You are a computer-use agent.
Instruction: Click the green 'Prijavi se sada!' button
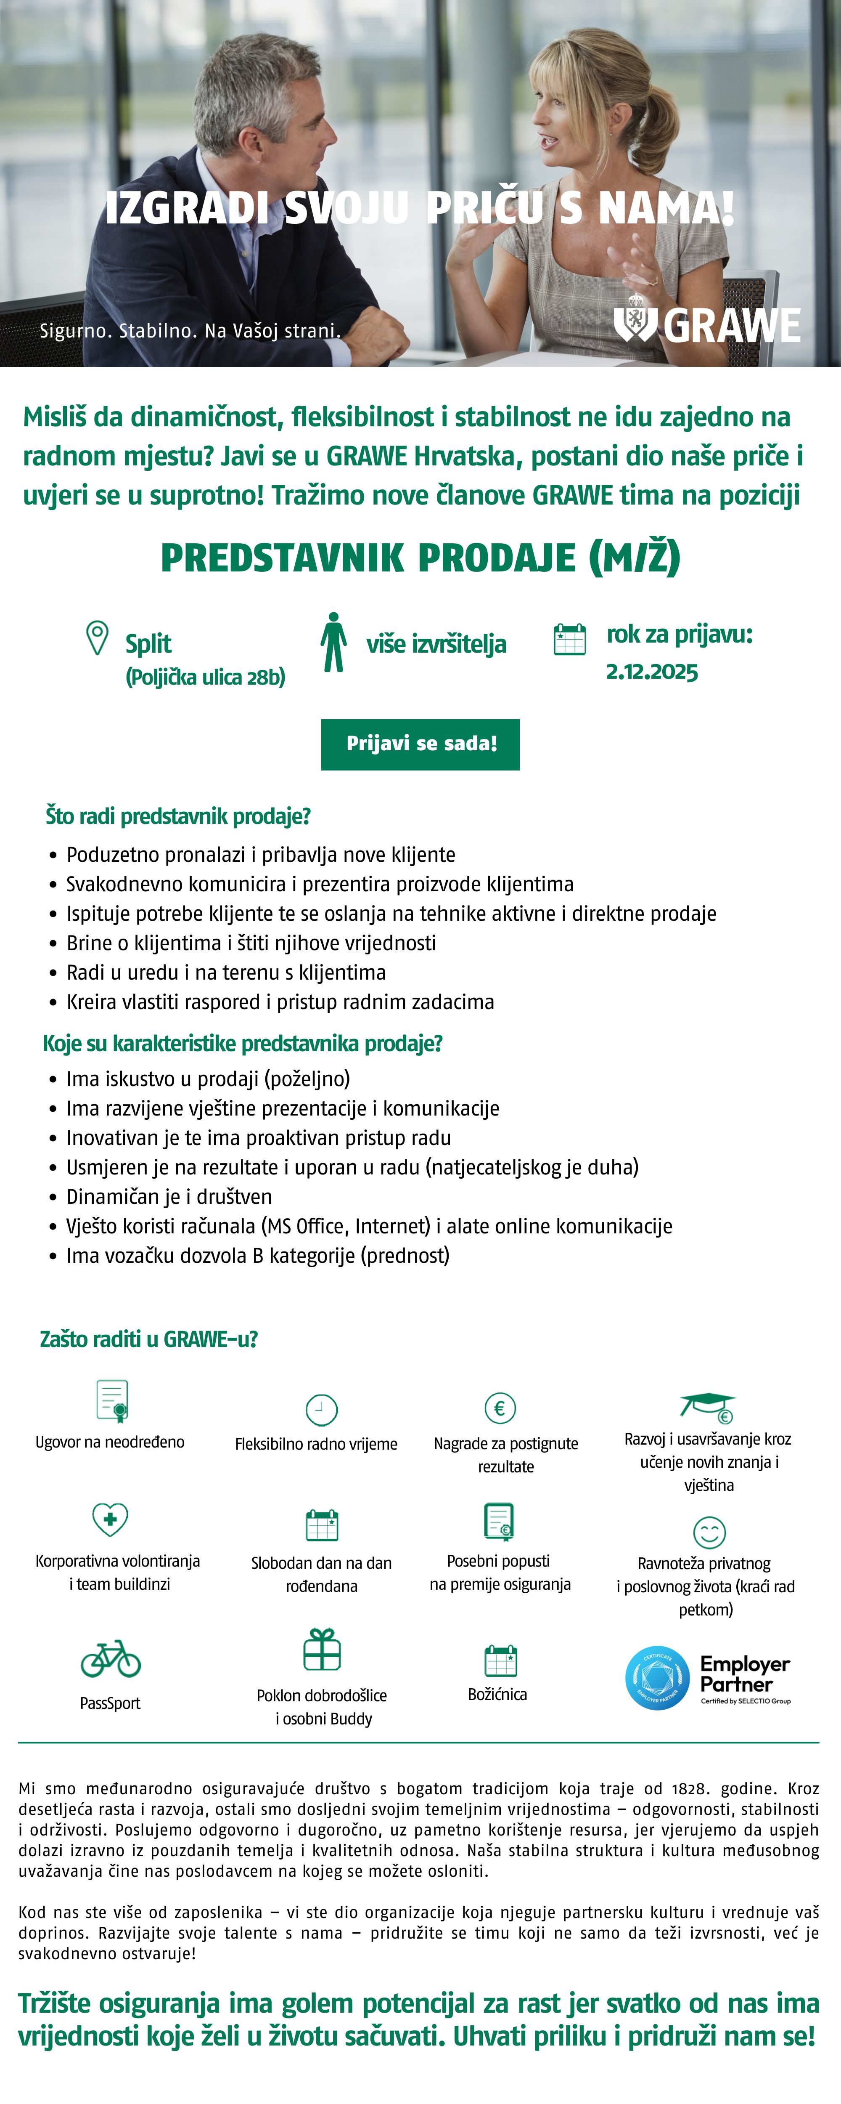[420, 744]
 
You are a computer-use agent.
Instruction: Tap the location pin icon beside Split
[97, 638]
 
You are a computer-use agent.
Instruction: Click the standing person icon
[333, 643]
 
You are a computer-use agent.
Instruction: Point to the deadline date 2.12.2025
[652, 672]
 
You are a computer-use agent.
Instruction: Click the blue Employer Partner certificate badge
[657, 1679]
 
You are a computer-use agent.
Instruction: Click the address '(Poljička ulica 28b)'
[205, 677]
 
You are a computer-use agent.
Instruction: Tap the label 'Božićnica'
[497, 1695]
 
